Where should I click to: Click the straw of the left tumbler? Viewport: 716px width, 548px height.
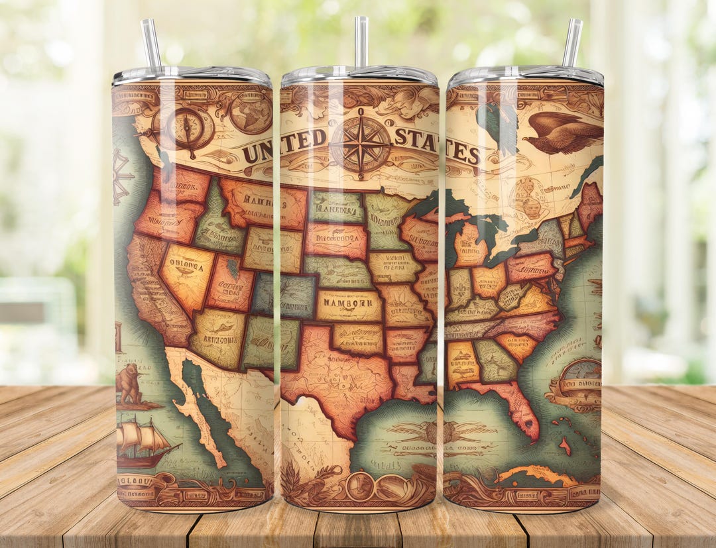[150, 43]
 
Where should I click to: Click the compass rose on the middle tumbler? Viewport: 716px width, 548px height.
[360, 144]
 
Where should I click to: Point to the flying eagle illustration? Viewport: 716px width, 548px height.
[562, 133]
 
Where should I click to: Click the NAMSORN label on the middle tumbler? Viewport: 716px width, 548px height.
[348, 305]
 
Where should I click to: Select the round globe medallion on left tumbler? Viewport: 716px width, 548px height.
[251, 112]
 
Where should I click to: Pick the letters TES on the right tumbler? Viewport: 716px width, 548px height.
[463, 152]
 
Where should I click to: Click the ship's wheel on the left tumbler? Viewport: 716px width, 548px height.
[121, 176]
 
